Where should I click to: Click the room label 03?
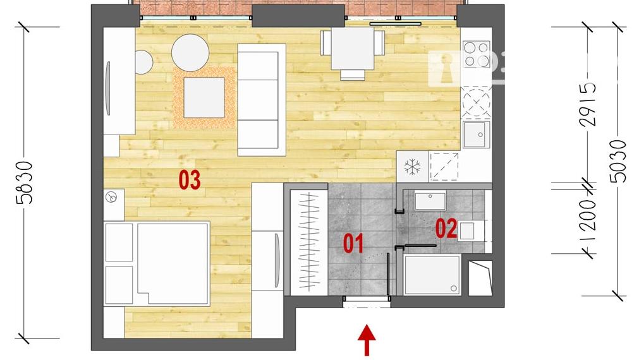190,180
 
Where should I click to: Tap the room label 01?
353,243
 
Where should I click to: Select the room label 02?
446,228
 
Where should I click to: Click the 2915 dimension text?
589,105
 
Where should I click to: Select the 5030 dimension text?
619,160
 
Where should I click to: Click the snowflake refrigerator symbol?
412,167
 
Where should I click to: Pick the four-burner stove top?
476,54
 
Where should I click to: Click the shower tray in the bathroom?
432,275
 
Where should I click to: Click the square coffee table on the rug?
204,97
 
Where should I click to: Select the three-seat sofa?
261,100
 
